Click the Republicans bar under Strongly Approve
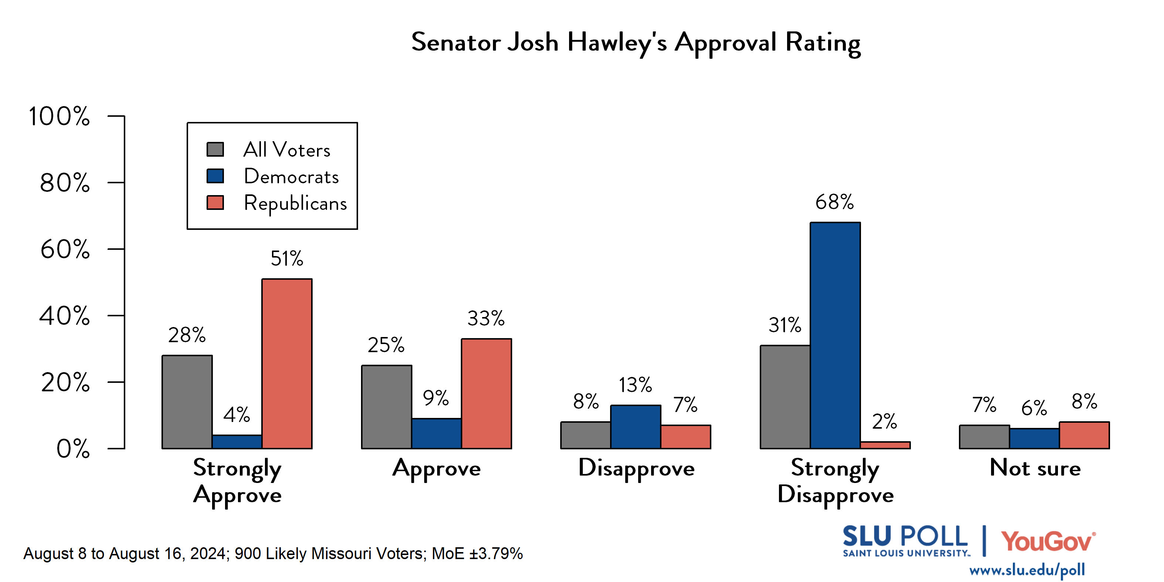pyautogui.click(x=287, y=364)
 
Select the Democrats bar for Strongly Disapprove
pyautogui.click(x=835, y=335)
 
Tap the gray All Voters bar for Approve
pyautogui.click(x=387, y=407)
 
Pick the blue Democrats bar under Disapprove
pyautogui.click(x=635, y=427)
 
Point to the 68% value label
pyautogui.click(x=834, y=202)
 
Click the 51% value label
pyautogui.click(x=286, y=258)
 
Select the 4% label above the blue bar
pyautogui.click(x=236, y=414)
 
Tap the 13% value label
pyautogui.click(x=635, y=385)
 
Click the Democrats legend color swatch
pyautogui.click(x=215, y=176)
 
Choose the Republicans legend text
pyautogui.click(x=295, y=203)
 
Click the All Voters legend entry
pyautogui.click(x=286, y=150)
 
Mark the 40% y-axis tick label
pyautogui.click(x=65, y=316)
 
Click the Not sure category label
pyautogui.click(x=1035, y=468)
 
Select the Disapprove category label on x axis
pyautogui.click(x=636, y=469)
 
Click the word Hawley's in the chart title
pyautogui.click(x=617, y=43)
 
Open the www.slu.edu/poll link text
pyautogui.click(x=1027, y=570)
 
